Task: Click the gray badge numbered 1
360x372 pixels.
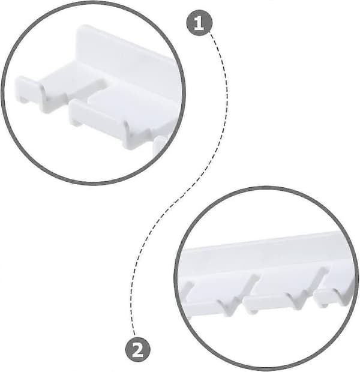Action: pos(199,23)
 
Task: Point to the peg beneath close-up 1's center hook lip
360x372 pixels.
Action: pos(76,122)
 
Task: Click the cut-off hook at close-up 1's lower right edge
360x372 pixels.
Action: pos(161,145)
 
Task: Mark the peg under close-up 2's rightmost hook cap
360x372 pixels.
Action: pos(325,305)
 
